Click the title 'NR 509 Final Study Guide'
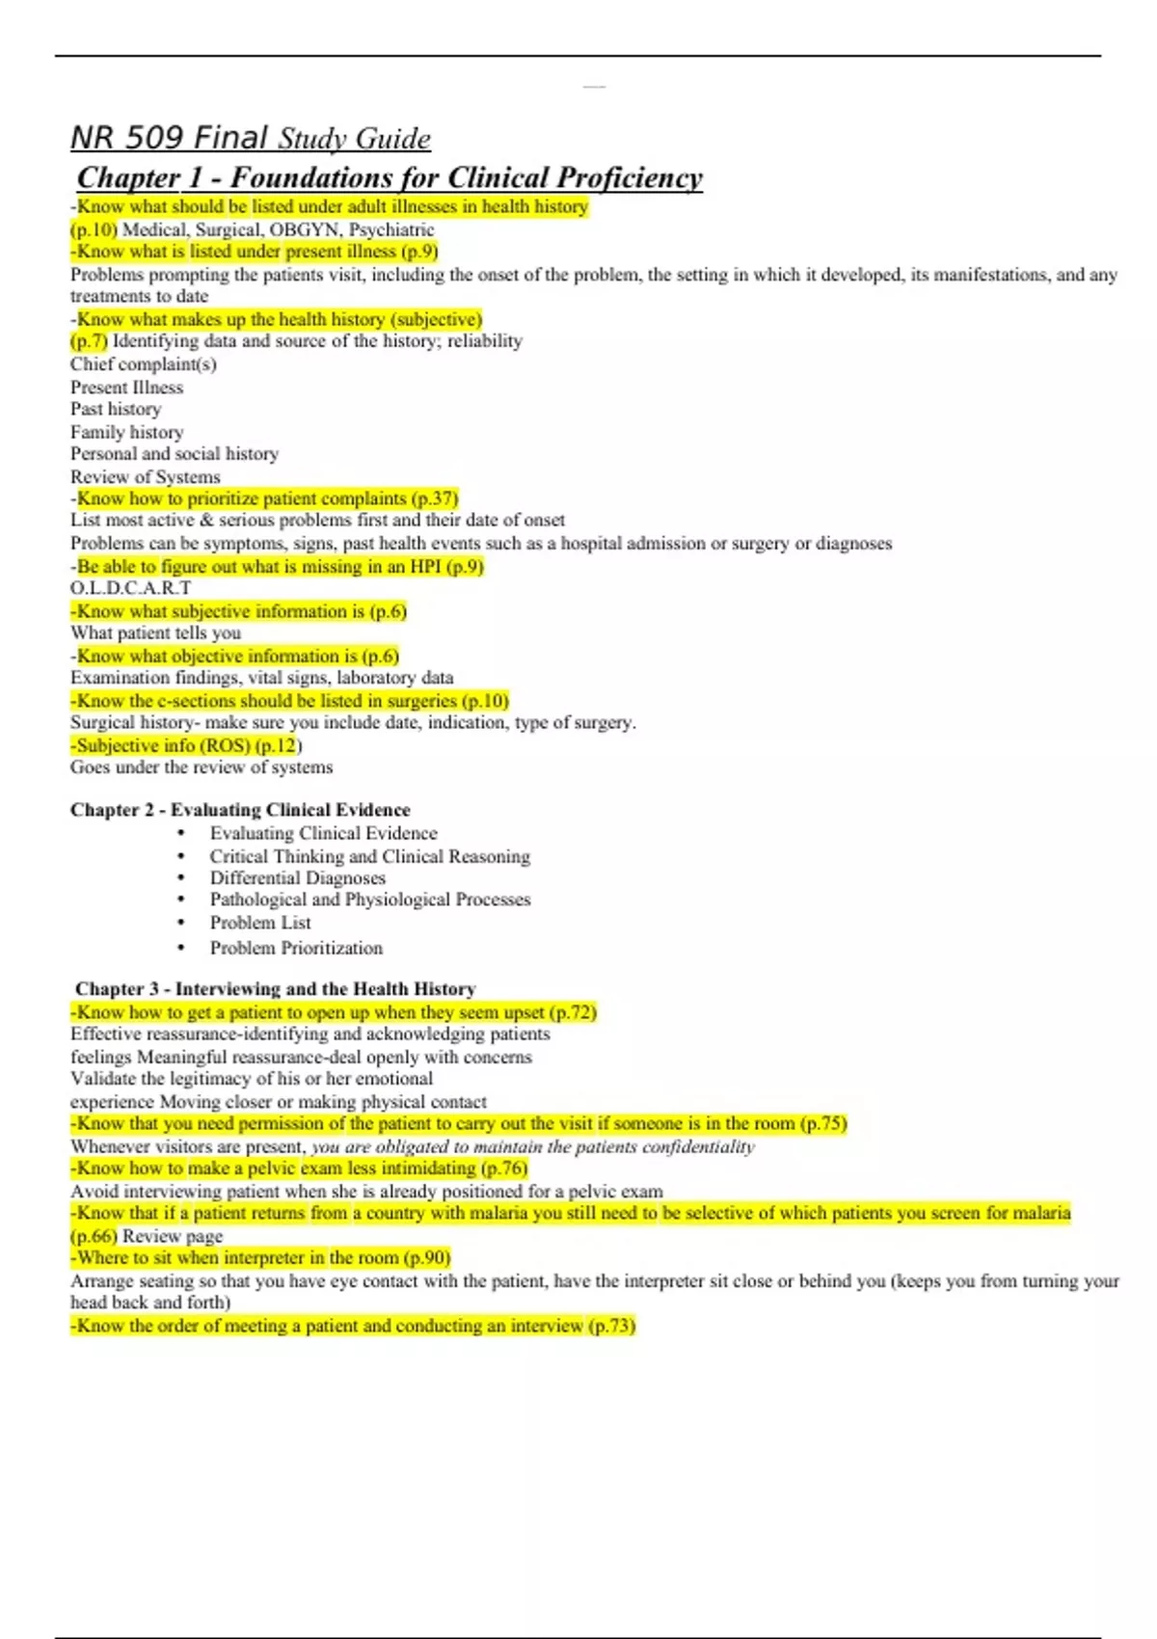pos(251,138)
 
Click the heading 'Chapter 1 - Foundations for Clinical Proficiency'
pos(390,177)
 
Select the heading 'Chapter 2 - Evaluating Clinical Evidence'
pos(240,810)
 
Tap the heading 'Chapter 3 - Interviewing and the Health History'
pos(276,988)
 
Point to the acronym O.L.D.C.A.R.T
pos(131,587)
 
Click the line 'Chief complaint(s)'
pos(144,363)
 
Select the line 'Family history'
pos(126,432)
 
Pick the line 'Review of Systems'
pos(146,476)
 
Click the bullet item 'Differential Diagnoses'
pos(298,877)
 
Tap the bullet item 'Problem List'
pos(260,922)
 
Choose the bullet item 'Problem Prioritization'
pos(296,948)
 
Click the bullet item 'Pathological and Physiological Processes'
pos(370,899)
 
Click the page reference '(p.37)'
pos(434,498)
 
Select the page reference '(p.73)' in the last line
pos(612,1326)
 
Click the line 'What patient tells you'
pos(156,632)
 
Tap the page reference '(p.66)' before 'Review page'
pos(94,1236)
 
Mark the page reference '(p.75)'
pos(823,1123)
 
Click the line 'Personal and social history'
pos(175,453)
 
